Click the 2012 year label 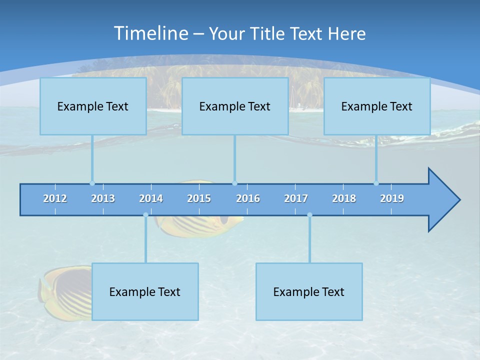[x=55, y=198]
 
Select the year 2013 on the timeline [x=103, y=198]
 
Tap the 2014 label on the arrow [x=151, y=198]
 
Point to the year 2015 [x=199, y=198]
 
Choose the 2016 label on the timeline [x=248, y=198]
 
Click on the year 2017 [x=296, y=198]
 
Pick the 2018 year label [x=344, y=198]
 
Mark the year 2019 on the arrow [x=392, y=198]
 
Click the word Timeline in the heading [x=150, y=33]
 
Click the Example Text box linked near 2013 [x=93, y=106]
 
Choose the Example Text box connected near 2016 [x=235, y=106]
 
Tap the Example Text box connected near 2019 [x=377, y=106]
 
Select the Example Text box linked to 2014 [x=145, y=291]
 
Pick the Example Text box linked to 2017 [x=309, y=291]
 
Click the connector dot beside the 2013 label [x=92, y=183]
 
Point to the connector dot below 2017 [x=309, y=215]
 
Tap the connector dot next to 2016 [x=234, y=183]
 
